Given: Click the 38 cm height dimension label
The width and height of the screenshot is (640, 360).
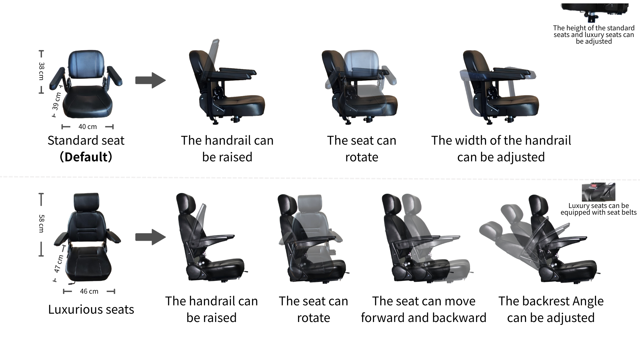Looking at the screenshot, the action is click(41, 71).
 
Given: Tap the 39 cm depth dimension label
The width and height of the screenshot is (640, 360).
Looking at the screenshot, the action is click(56, 101).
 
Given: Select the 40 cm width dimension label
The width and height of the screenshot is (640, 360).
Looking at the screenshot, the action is click(88, 127).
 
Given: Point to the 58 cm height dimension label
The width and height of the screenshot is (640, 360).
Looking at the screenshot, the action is click(41, 223).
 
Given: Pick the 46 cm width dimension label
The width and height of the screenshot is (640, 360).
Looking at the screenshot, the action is click(89, 291).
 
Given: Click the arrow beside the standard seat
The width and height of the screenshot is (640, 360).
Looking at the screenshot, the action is click(150, 80).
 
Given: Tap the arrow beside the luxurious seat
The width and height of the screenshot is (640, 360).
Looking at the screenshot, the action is click(150, 237).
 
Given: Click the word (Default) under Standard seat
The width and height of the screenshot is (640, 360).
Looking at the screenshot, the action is click(86, 157).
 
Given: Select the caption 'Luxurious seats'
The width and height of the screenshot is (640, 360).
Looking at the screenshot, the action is click(91, 309).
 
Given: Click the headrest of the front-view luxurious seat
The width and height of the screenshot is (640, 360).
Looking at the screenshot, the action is click(86, 202).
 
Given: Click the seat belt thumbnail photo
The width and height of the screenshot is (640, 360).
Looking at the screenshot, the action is click(598, 192).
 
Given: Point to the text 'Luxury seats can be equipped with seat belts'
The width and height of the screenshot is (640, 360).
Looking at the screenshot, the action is click(598, 209).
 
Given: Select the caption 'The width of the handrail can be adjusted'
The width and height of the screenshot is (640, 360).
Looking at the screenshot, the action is click(501, 149).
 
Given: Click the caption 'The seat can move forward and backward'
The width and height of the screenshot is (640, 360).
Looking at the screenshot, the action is click(423, 309).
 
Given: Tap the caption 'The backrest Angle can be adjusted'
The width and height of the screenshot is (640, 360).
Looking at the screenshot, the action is click(551, 309).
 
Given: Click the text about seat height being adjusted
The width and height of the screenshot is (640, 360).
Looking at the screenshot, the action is click(594, 35).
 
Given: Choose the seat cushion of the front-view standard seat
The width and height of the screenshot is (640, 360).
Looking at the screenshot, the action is click(88, 102).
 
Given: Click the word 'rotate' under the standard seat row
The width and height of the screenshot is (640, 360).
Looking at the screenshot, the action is click(362, 157).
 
